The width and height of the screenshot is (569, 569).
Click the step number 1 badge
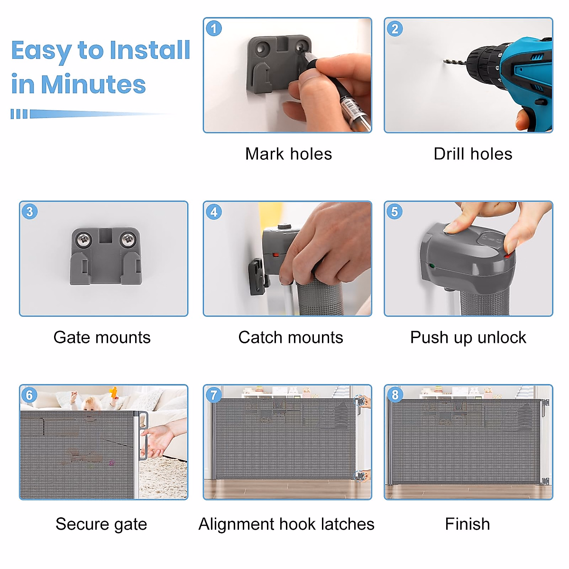click(x=213, y=28)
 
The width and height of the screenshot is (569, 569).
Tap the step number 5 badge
click(x=395, y=211)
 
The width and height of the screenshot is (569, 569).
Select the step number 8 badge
click(x=395, y=395)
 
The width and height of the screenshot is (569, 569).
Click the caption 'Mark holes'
click(x=288, y=154)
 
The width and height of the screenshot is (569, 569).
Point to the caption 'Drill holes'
click(x=473, y=154)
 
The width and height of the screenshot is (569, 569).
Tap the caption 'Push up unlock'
click(x=468, y=338)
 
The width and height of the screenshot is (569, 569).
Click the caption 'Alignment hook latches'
click(x=286, y=524)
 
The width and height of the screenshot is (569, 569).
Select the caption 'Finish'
click(x=468, y=524)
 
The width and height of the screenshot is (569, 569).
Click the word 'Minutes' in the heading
click(x=93, y=84)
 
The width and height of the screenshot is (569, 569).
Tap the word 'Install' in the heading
click(x=150, y=50)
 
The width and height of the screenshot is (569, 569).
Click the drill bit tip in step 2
click(x=444, y=61)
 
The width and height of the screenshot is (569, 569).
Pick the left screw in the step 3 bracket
click(x=84, y=239)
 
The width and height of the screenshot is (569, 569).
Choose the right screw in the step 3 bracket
click(x=128, y=239)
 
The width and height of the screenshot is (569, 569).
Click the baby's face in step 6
click(x=91, y=404)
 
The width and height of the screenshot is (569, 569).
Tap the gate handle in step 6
click(x=143, y=436)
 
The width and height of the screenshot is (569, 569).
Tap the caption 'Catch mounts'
click(x=291, y=338)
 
